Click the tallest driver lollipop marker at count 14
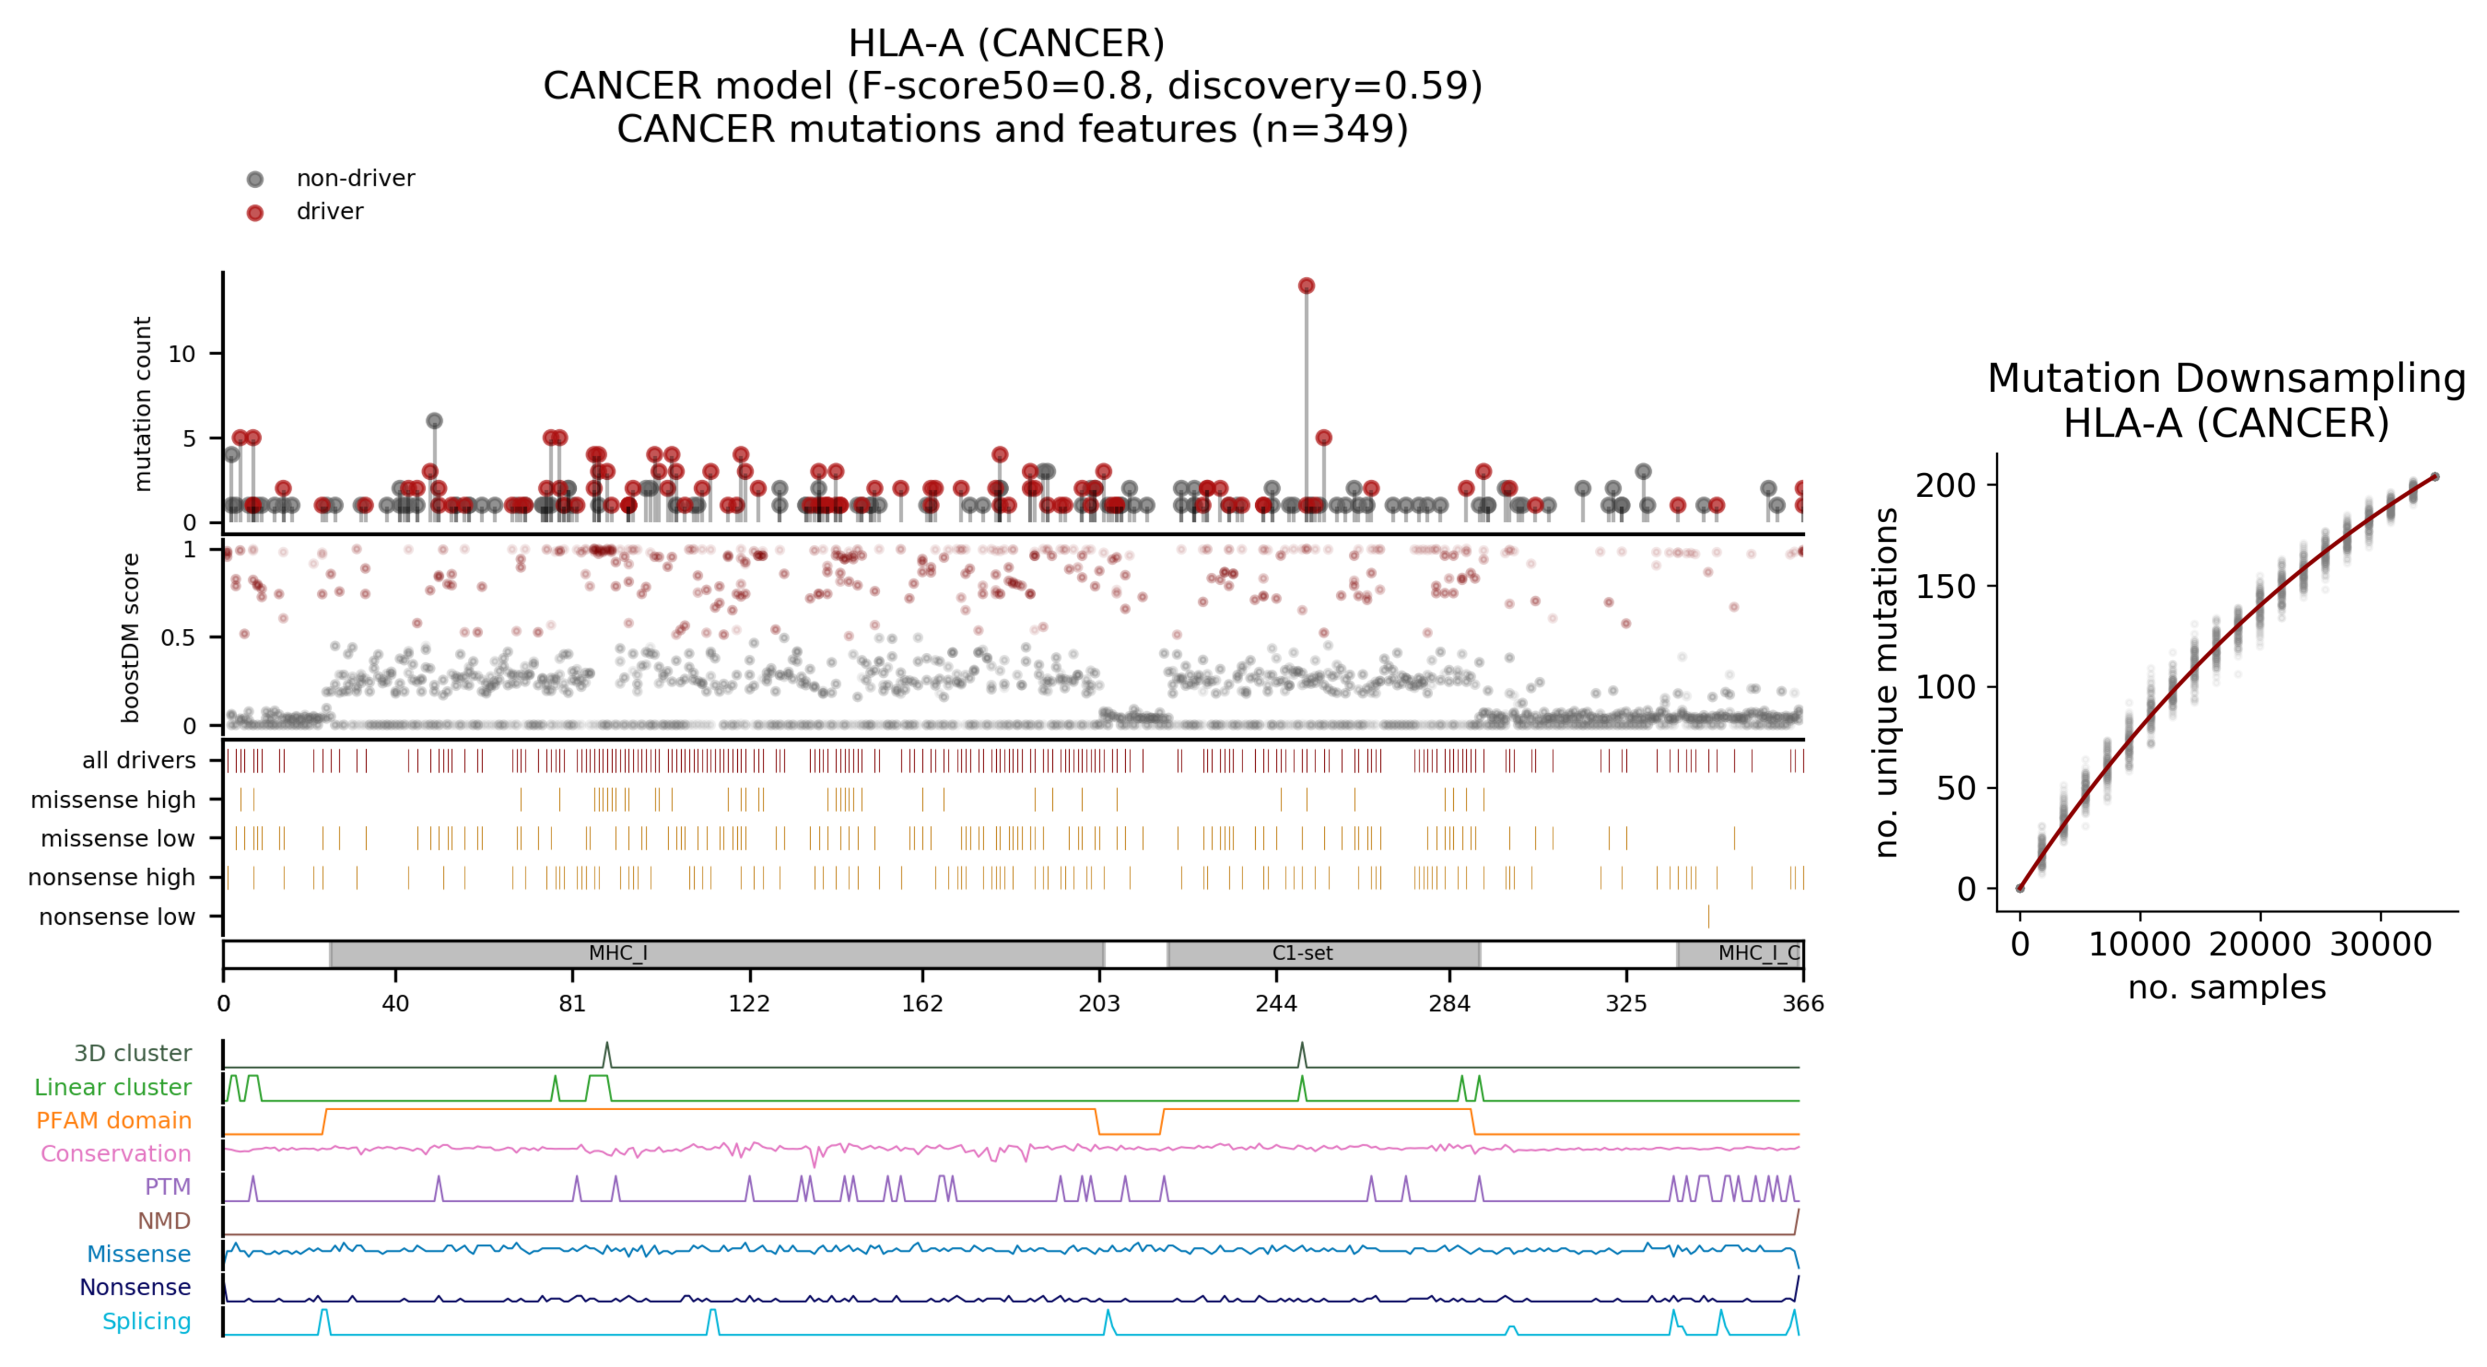click(x=1306, y=286)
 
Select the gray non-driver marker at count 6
click(x=435, y=421)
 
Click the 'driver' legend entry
click(x=329, y=212)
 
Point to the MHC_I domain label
click(x=618, y=954)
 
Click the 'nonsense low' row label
click(x=117, y=916)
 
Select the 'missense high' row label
click(x=113, y=799)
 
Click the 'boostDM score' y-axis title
click(x=131, y=637)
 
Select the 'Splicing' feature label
click(x=147, y=1321)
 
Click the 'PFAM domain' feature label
click(x=114, y=1120)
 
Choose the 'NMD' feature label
click(x=164, y=1220)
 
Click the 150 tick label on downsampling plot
click(x=1946, y=587)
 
